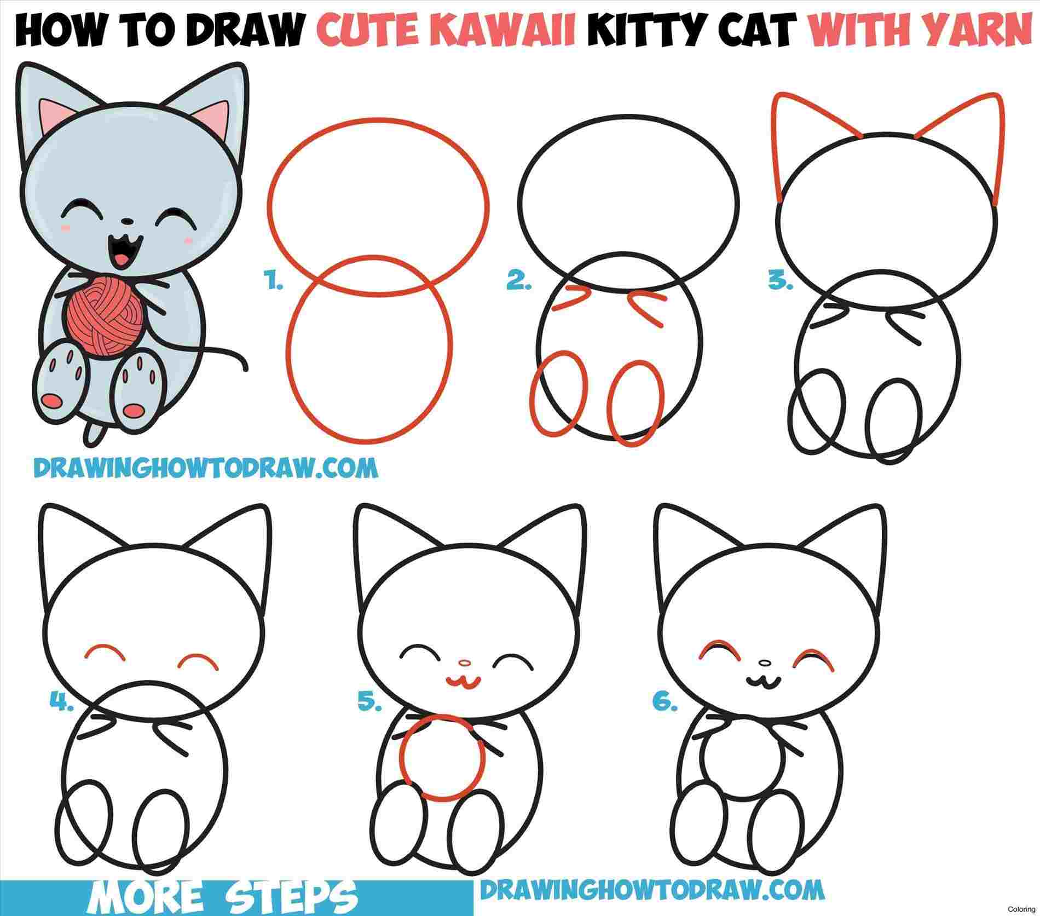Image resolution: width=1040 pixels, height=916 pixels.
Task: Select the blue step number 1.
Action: point(273,284)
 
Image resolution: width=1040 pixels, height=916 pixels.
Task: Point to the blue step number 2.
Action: point(518,284)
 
